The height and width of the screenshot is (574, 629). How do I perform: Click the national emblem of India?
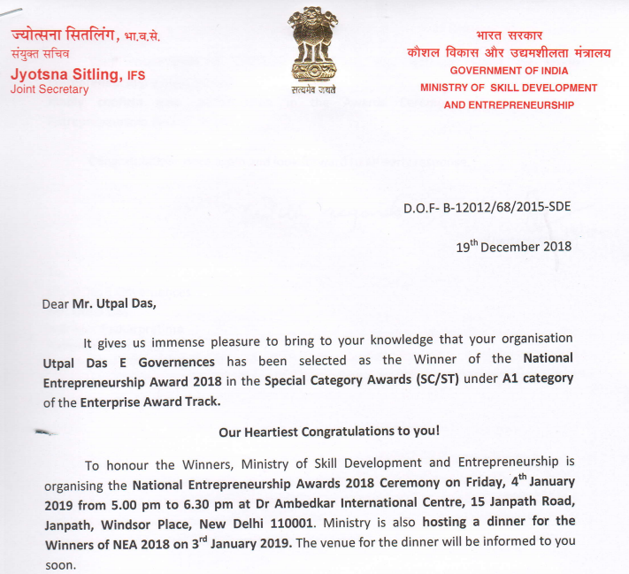[x=313, y=47]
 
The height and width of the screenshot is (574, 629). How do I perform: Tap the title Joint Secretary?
[x=50, y=90]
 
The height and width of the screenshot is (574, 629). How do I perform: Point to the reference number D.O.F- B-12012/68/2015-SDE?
[x=487, y=207]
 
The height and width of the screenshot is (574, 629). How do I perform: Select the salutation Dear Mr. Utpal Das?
[x=98, y=303]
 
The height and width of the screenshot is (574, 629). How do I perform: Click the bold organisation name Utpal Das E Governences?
[x=116, y=362]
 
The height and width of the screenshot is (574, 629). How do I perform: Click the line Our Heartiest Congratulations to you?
[x=328, y=432]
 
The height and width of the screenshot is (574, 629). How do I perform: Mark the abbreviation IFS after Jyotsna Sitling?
[x=136, y=77]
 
